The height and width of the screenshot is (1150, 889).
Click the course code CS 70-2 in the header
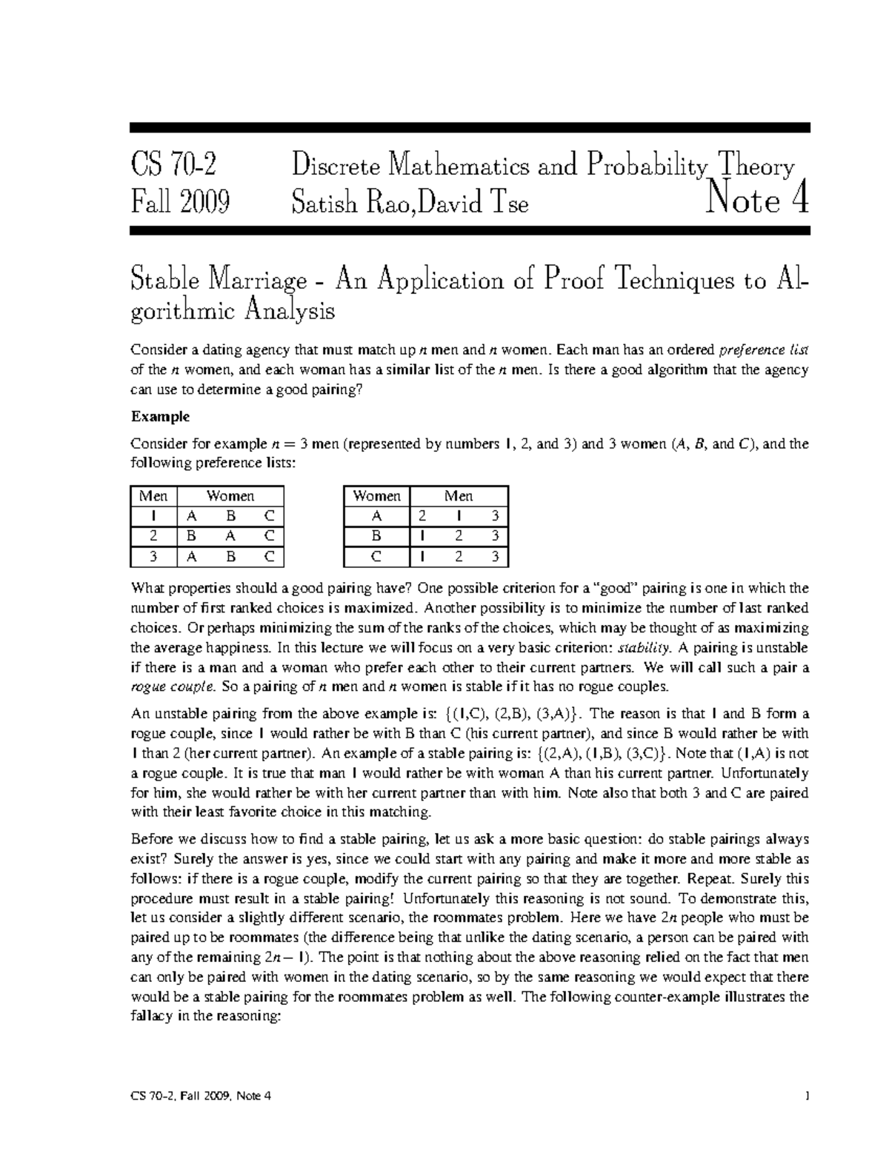click(x=175, y=164)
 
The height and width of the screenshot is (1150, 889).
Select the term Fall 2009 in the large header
click(x=179, y=201)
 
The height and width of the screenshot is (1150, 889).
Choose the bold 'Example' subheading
click(x=160, y=417)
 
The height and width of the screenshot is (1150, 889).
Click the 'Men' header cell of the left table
click(x=153, y=496)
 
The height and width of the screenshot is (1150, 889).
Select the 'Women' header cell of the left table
click(x=230, y=496)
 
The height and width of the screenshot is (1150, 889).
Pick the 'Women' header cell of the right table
click(x=377, y=496)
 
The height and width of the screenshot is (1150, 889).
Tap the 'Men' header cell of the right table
click(x=459, y=496)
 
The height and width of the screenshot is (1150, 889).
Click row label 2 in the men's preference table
click(x=153, y=535)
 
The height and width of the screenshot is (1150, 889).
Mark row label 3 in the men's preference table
click(x=153, y=555)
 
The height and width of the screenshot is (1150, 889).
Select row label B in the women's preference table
click(x=377, y=535)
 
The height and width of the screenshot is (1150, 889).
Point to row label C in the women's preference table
click(x=377, y=555)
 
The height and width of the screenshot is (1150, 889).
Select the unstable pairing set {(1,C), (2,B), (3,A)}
click(x=516, y=715)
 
